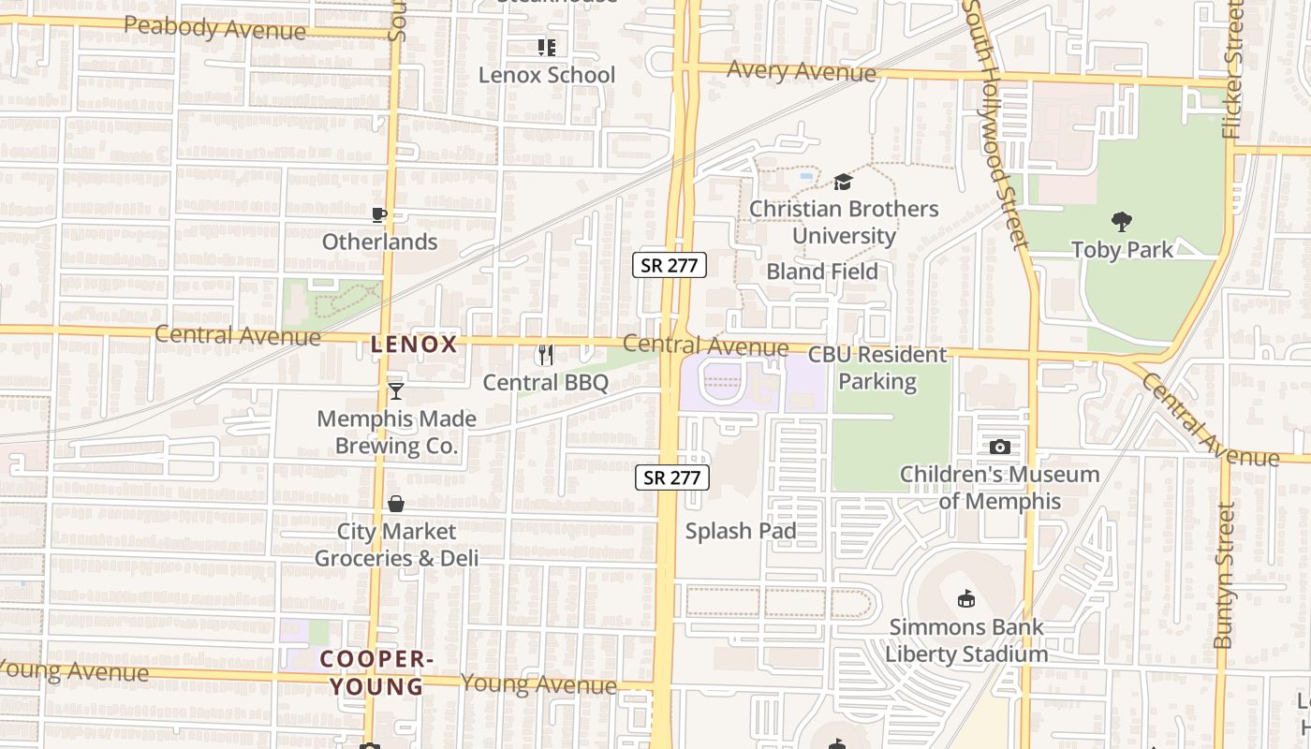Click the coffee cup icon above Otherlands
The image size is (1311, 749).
click(x=379, y=215)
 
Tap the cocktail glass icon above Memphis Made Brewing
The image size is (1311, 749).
click(x=396, y=391)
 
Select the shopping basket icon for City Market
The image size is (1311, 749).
click(x=396, y=504)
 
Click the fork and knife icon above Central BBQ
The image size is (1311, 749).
click(x=546, y=355)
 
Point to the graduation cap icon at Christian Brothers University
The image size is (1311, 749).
click(x=844, y=182)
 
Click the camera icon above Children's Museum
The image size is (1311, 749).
click(x=1000, y=448)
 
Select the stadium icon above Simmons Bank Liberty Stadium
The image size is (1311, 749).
click(x=966, y=598)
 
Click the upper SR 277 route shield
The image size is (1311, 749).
click(x=670, y=265)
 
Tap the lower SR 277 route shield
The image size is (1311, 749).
click(x=672, y=477)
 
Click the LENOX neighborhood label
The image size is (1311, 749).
click(x=414, y=345)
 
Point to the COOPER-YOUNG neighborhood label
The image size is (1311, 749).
click(x=376, y=672)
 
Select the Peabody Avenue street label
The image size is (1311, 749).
click(x=214, y=28)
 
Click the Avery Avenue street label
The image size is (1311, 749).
click(x=802, y=70)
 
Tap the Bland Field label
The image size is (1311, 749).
click(x=822, y=272)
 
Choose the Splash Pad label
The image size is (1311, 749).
click(x=741, y=531)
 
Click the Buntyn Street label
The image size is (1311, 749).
click(x=1224, y=576)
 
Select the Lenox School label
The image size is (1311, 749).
click(x=547, y=75)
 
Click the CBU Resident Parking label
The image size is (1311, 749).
click(x=877, y=368)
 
